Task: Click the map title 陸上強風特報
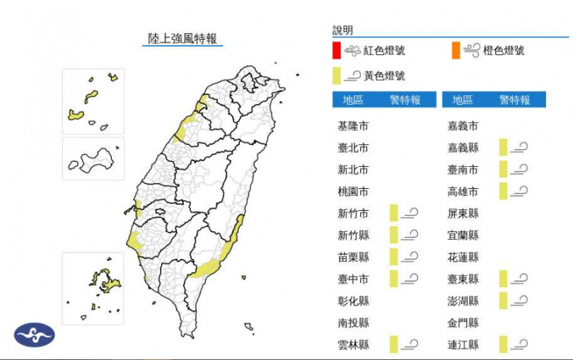coord(183,38)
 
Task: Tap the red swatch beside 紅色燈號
coord(337,51)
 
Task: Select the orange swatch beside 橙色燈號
coord(456,51)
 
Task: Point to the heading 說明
coord(343,30)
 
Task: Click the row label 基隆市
coord(353,127)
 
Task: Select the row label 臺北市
coord(353,149)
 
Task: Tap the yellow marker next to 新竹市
coord(393,214)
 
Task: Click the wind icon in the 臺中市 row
coord(410,279)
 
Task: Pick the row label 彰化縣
coord(353,301)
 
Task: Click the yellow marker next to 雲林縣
coord(393,344)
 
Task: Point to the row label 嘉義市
coord(463,127)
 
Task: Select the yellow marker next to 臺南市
coord(503,170)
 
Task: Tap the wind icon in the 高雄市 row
coord(519,191)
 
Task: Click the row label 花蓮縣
coord(463,257)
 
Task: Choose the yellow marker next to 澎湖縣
coord(503,301)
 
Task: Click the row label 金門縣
coord(463,323)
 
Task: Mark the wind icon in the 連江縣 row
coord(519,344)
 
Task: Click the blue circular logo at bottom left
coord(34,335)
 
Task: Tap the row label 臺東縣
coord(463,279)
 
